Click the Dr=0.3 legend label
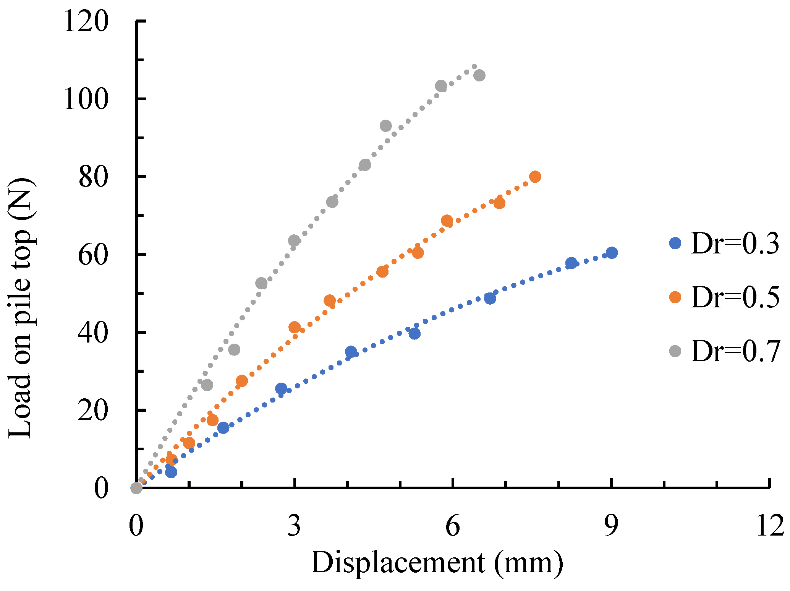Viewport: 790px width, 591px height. click(x=735, y=244)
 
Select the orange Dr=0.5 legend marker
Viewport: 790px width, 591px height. click(x=675, y=297)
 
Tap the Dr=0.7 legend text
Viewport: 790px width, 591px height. click(x=735, y=351)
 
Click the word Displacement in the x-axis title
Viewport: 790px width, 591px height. click(x=398, y=563)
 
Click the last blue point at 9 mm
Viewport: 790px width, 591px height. click(x=612, y=253)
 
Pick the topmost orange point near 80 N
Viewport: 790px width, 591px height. click(x=535, y=177)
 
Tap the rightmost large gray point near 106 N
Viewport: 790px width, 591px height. click(x=479, y=75)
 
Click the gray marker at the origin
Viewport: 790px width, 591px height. click(x=136, y=488)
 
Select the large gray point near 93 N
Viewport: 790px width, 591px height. click(x=386, y=126)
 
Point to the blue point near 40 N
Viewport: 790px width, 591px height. click(x=414, y=334)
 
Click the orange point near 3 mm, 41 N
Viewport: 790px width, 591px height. click(x=294, y=327)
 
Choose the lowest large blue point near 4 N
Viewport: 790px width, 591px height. click(x=171, y=472)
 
